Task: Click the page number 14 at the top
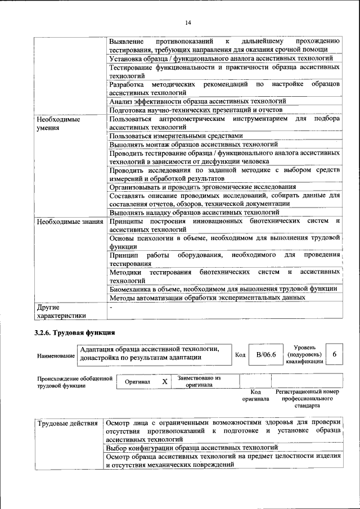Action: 188,22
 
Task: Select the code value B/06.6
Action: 266,354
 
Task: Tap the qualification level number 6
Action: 335,354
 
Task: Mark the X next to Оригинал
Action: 164,382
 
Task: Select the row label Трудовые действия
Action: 67,423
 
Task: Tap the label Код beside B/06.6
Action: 240,355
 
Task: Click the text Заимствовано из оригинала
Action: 199,382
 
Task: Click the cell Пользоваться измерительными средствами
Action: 176,136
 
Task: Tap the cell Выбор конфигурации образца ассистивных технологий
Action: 192,448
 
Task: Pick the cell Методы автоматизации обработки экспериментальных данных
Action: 207,298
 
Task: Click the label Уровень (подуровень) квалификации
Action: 304,354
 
